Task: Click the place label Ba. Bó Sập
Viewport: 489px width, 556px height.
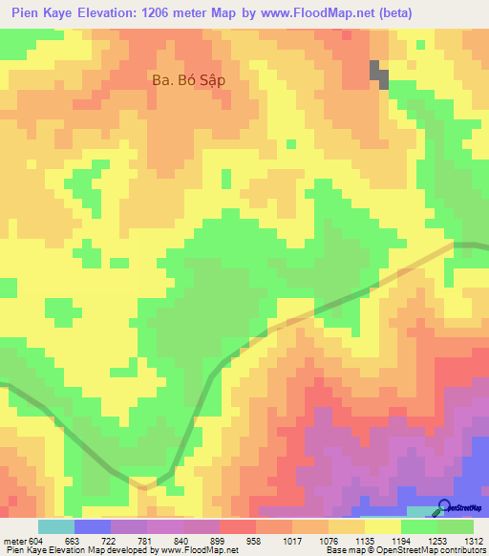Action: pyautogui.click(x=188, y=80)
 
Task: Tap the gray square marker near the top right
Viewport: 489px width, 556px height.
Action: pyautogui.click(x=379, y=74)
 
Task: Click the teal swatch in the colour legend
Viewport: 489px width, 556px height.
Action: pyautogui.click(x=56, y=526)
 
